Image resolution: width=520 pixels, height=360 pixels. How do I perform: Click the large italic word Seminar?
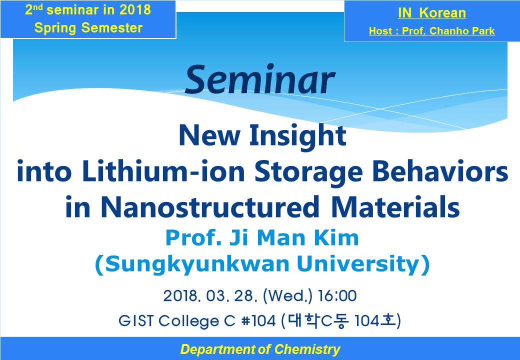pyautogui.click(x=259, y=80)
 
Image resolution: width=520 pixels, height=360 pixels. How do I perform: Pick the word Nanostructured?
pyautogui.click(x=209, y=207)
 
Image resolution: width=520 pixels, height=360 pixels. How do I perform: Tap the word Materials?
pyautogui.click(x=395, y=207)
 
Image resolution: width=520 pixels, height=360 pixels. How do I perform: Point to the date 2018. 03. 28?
pyautogui.click(x=210, y=295)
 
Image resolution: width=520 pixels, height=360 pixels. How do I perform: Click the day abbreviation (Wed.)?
pyautogui.click(x=287, y=296)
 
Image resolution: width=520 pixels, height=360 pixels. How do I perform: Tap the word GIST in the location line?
pyautogui.click(x=136, y=321)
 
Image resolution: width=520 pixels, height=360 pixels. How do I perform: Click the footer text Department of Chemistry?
pyautogui.click(x=260, y=349)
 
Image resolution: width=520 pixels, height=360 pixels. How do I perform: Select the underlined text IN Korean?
pyautogui.click(x=432, y=13)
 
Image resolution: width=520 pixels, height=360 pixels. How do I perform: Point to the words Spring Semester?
pyautogui.click(x=88, y=28)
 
